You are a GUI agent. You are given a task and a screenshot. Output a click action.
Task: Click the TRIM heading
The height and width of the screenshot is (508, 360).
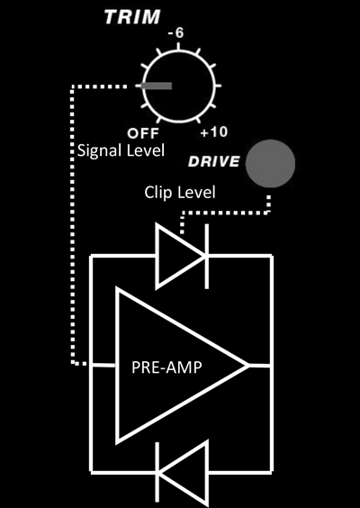tap(132, 17)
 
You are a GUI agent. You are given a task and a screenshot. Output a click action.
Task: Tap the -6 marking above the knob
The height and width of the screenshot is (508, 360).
tap(176, 33)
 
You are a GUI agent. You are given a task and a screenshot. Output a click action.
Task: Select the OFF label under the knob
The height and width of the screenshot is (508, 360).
tap(143, 132)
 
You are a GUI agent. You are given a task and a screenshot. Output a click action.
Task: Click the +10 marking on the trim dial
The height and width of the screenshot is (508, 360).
tap(213, 132)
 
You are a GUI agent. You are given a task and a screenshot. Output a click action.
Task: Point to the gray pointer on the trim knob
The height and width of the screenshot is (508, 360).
tap(157, 86)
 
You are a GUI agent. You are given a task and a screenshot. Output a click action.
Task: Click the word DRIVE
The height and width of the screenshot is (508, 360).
tap(214, 161)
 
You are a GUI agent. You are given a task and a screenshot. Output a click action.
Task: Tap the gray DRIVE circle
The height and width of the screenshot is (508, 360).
tap(270, 164)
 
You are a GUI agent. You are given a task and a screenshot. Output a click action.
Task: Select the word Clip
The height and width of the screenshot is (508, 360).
tap(157, 193)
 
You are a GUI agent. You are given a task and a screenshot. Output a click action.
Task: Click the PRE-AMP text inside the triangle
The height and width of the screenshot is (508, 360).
tap(166, 367)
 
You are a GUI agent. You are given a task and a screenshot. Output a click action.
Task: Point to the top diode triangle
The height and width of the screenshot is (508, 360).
tap(181, 257)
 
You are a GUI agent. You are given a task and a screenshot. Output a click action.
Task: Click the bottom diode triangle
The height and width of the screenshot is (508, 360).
tap(182, 475)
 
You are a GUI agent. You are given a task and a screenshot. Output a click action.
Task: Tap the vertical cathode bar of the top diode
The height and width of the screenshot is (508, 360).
tap(206, 256)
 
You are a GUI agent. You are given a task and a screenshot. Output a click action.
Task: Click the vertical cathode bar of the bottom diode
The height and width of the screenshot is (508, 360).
tap(157, 474)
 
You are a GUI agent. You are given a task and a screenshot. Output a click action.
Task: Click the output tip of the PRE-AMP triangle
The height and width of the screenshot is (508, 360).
tap(248, 366)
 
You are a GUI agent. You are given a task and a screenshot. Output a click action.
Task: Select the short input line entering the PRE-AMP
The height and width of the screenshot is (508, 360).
tap(103, 366)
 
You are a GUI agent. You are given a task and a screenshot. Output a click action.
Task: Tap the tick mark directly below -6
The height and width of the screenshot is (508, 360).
tap(178, 46)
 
